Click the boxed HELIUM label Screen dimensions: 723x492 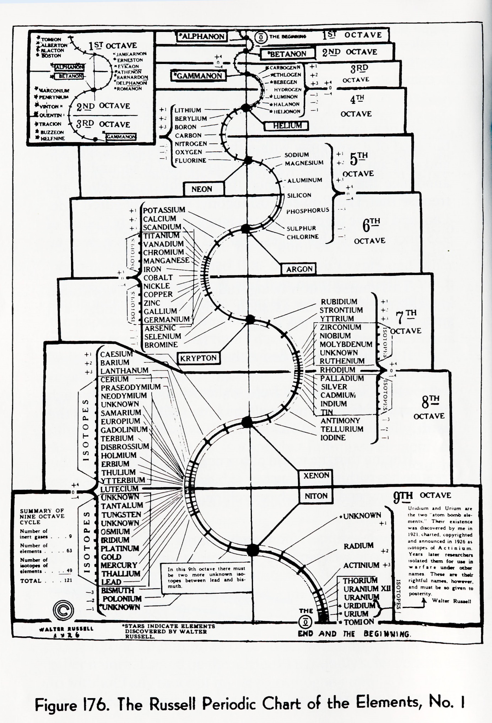287,125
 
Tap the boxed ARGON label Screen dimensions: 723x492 299,269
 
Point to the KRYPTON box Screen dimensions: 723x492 198,358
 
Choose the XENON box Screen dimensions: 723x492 316,475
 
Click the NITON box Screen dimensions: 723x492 316,496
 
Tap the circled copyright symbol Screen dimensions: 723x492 63,610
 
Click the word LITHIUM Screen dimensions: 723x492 188,110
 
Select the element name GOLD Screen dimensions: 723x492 111,557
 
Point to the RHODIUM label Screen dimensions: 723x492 337,370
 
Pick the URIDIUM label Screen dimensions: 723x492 359,605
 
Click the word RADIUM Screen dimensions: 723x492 358,546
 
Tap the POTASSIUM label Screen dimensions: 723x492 164,210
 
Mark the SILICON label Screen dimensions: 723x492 299,195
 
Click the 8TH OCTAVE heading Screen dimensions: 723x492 429,408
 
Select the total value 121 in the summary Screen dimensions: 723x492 68,581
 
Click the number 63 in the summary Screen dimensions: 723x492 69,551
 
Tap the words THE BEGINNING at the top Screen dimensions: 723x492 287,36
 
